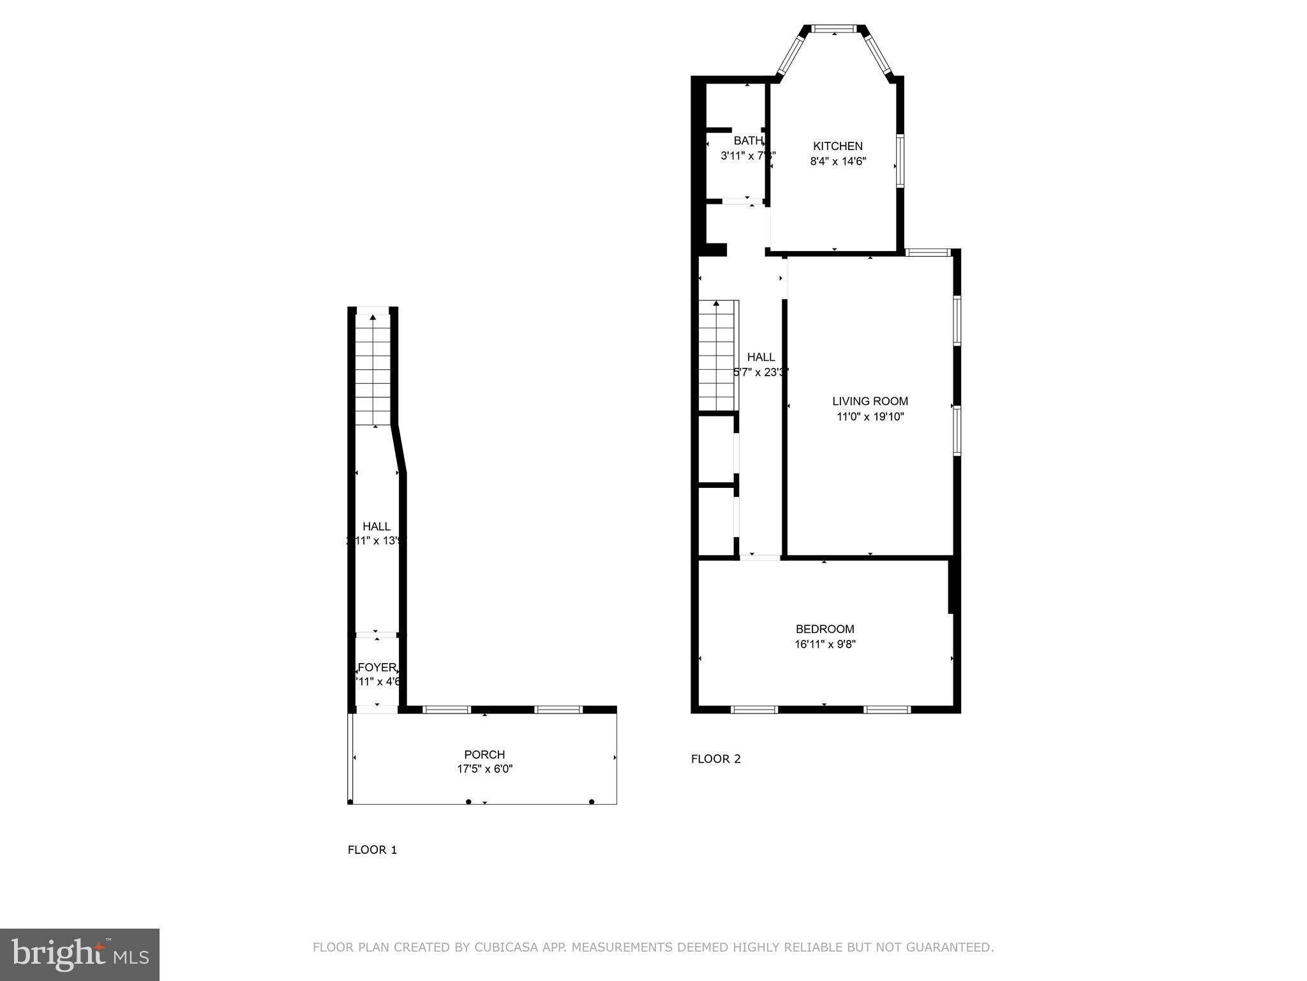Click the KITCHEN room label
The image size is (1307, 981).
coord(837,146)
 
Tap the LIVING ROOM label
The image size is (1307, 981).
coord(870,401)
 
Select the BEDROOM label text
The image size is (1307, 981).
coord(825,629)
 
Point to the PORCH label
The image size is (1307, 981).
coord(484,755)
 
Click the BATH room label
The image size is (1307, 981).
coord(747,141)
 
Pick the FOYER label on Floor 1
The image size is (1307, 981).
coord(377,667)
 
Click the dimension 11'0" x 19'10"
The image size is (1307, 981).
coord(870,417)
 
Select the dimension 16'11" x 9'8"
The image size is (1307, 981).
coord(825,644)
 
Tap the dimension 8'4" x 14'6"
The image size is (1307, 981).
coord(837,162)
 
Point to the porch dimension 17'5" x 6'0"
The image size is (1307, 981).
coord(484,770)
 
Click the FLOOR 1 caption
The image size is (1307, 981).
coord(372,849)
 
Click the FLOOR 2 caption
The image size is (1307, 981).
coord(715,759)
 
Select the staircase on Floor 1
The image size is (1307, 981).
coord(373,369)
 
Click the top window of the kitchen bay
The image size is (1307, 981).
coord(834,28)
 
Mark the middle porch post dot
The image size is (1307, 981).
coord(468,802)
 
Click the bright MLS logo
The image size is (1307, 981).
coord(79,955)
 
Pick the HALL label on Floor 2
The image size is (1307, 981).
coord(761,357)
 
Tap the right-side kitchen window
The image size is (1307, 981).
coord(900,160)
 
